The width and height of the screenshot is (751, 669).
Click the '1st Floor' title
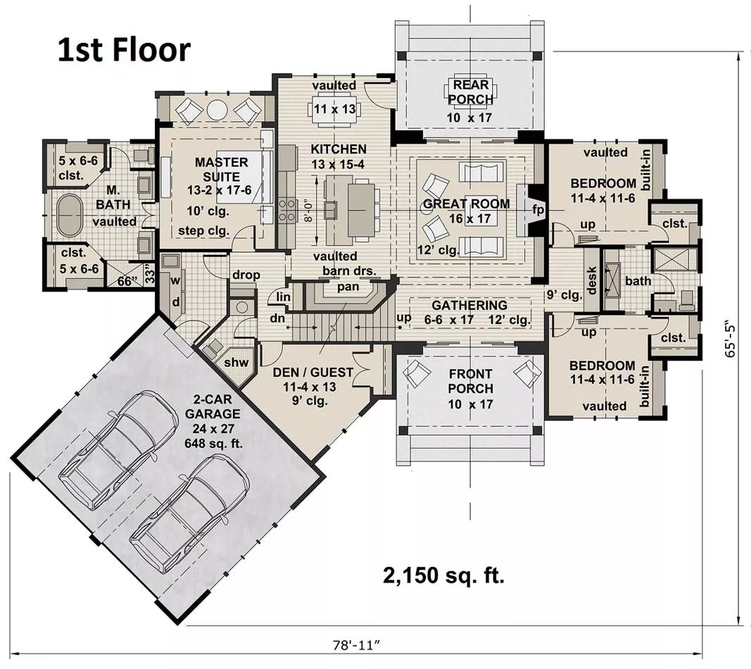tap(124, 50)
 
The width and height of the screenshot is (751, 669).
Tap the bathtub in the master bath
tap(70, 215)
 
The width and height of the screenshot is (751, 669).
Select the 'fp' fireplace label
tap(538, 210)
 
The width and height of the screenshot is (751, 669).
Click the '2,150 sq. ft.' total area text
tap(443, 575)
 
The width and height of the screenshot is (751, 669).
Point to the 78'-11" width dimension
tap(356, 645)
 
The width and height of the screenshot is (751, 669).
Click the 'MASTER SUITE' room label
tap(221, 169)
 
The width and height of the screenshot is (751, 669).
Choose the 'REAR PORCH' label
tap(471, 92)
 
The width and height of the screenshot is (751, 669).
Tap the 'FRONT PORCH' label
tap(470, 381)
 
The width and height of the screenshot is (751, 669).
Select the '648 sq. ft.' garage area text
tap(213, 444)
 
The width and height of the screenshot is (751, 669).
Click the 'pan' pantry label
tap(348, 287)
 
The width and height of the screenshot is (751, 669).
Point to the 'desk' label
tap(592, 280)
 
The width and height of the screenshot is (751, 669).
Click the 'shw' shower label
tap(236, 362)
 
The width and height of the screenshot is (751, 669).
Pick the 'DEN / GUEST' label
tap(313, 373)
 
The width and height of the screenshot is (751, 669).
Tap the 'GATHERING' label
tap(469, 305)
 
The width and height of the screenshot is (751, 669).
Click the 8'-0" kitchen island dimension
tap(309, 212)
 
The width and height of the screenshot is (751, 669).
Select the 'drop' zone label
tap(246, 275)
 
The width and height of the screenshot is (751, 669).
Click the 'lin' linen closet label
tap(284, 297)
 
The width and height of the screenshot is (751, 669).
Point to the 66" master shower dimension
tap(125, 282)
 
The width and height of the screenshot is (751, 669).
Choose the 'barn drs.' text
tap(349, 270)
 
